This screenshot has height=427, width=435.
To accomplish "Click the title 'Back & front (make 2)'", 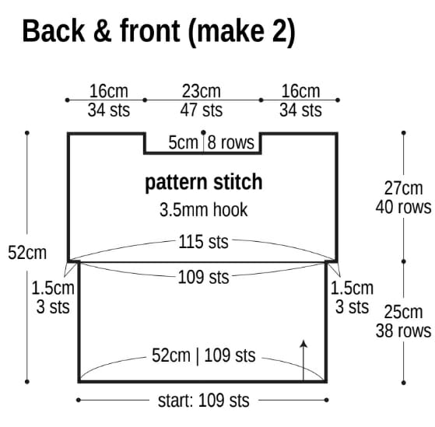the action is (x=159, y=32).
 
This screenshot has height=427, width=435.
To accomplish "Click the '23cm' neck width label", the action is (x=202, y=91).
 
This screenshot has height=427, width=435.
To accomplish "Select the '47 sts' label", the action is (x=202, y=110).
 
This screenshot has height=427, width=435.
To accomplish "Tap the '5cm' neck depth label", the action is (x=183, y=142).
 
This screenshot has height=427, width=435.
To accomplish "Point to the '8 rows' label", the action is (x=231, y=142).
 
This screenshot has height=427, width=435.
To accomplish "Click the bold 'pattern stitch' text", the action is (x=204, y=182).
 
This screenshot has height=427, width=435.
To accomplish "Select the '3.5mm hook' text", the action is (x=204, y=210).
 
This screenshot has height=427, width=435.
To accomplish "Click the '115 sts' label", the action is (x=203, y=242).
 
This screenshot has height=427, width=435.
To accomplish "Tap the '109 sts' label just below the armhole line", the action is (x=203, y=277).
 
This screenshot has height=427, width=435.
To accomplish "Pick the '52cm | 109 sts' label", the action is (x=204, y=355).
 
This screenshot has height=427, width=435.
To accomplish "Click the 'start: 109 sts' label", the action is (x=204, y=401).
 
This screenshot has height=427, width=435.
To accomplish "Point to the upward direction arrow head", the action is (x=304, y=343).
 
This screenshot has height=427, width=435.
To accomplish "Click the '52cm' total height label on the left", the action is (x=27, y=253).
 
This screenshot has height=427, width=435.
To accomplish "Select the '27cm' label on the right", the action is (x=403, y=188).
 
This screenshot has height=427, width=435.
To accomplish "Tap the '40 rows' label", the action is (x=403, y=207).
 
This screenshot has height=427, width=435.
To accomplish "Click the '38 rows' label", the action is (x=403, y=331).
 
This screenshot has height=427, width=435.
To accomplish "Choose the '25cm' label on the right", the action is (x=403, y=312).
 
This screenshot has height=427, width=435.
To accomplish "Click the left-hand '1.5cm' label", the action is (x=53, y=288).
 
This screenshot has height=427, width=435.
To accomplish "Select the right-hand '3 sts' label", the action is (x=352, y=306).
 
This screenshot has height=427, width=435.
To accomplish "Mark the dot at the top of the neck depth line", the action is (x=203, y=132).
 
